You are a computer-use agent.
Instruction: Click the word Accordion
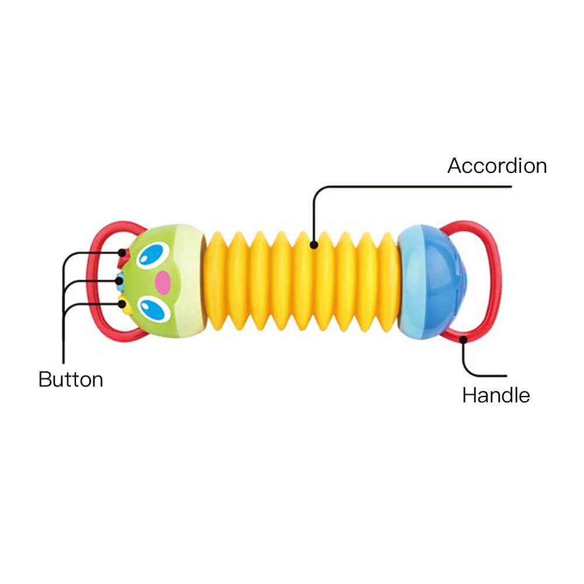click(497, 166)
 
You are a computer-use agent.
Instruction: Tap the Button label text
click(71, 380)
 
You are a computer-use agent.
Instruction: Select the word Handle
click(496, 395)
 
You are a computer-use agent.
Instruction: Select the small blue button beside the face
click(119, 280)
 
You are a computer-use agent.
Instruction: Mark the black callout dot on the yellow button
click(120, 303)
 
